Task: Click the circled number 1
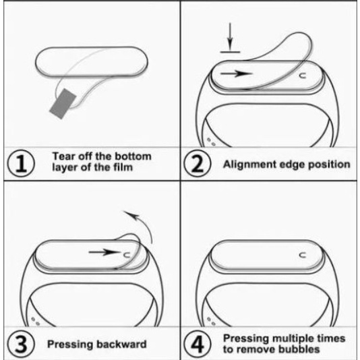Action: click(22, 163)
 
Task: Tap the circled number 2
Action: click(198, 163)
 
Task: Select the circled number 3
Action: click(22, 344)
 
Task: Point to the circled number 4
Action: click(198, 344)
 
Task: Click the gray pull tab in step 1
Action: click(63, 104)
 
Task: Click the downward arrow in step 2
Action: click(230, 36)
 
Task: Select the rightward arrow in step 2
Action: click(237, 73)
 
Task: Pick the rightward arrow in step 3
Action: click(104, 252)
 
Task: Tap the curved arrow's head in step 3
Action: click(131, 215)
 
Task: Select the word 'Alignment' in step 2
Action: click(248, 164)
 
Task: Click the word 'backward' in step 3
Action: click(121, 344)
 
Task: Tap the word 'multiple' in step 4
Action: click(293, 338)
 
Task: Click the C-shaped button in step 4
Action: click(303, 255)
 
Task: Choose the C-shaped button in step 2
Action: click(303, 76)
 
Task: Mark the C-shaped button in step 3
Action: click(127, 254)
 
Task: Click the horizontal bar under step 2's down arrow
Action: click(230, 52)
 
